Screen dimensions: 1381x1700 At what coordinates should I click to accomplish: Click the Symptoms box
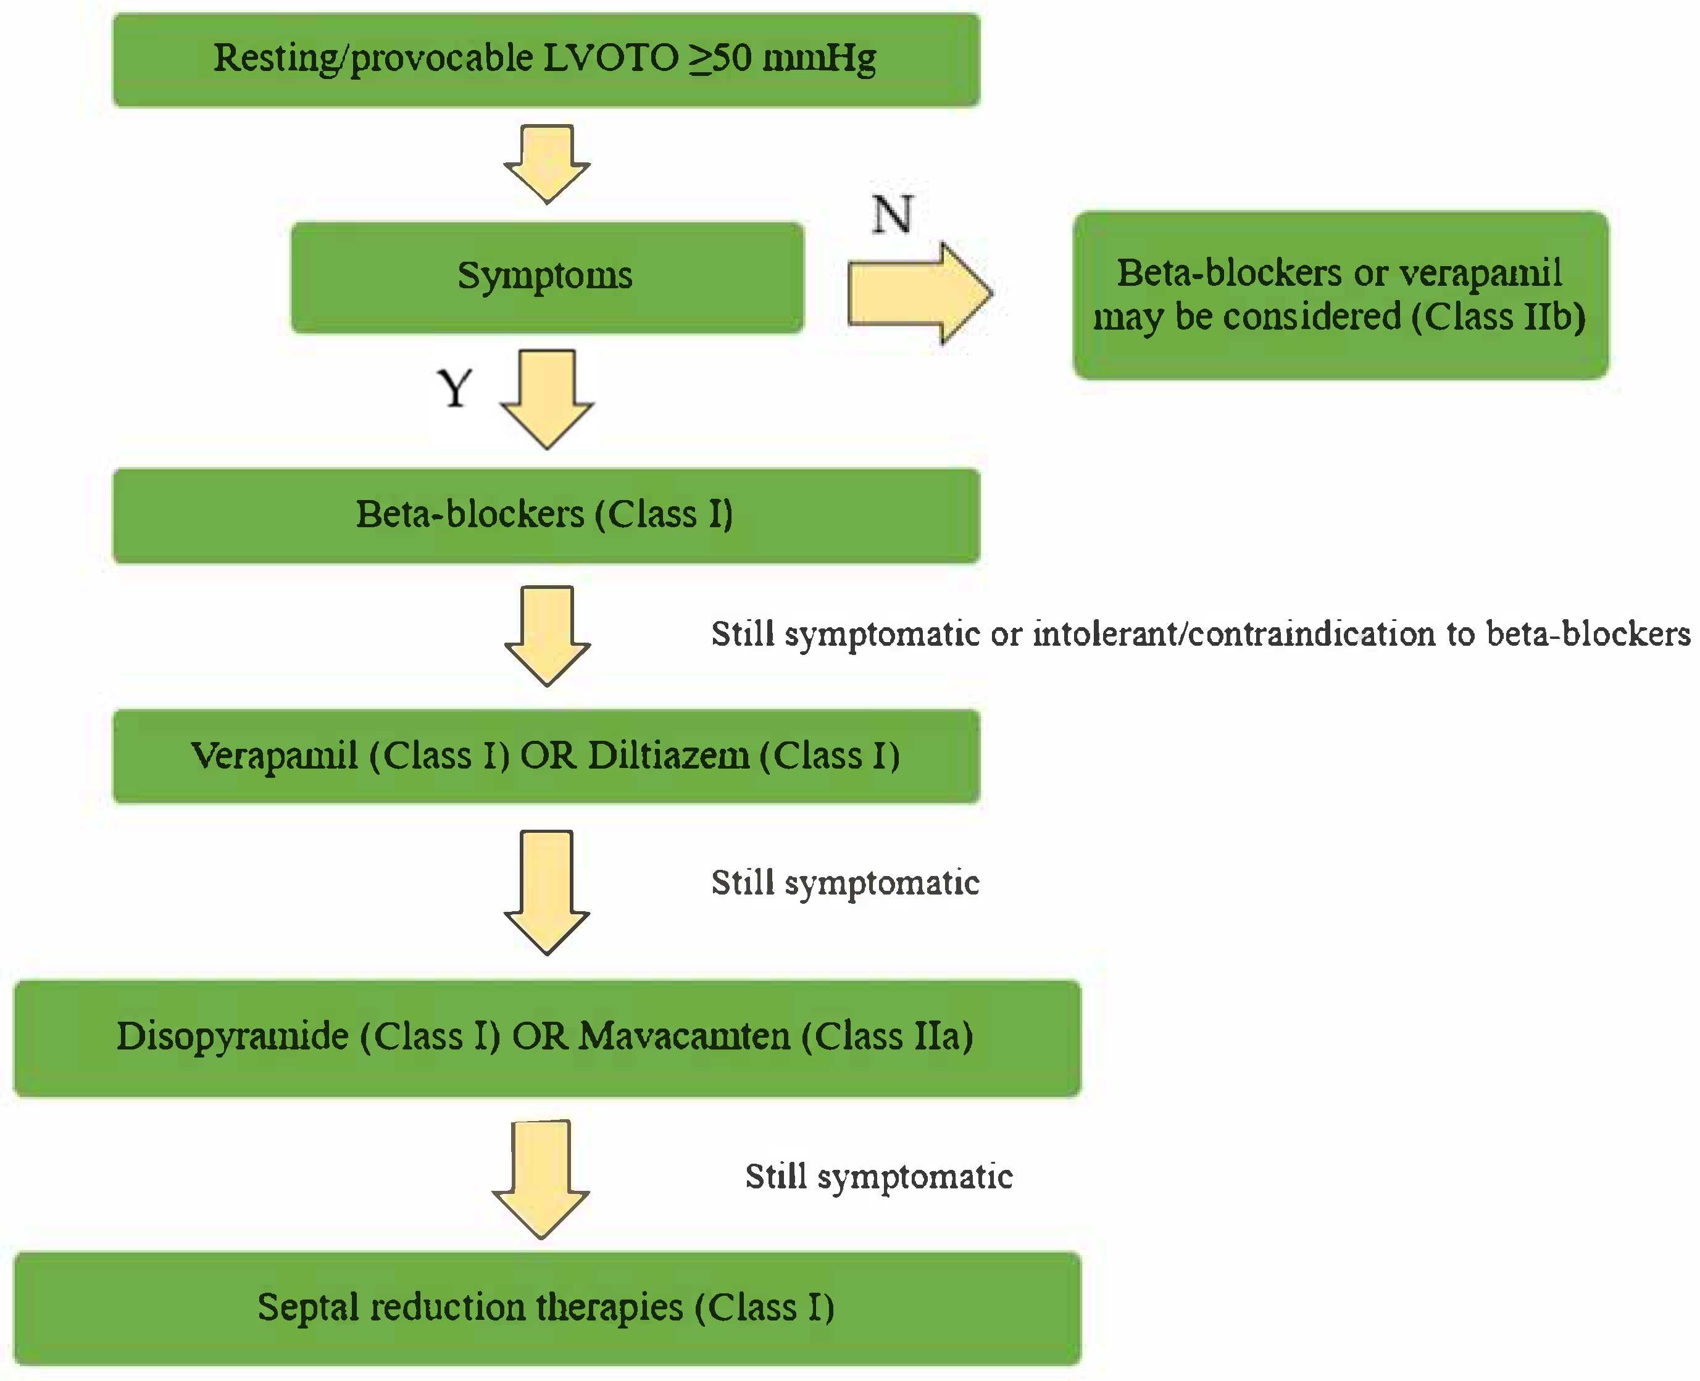click(x=546, y=277)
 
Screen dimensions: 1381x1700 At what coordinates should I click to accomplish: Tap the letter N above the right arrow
click(x=892, y=214)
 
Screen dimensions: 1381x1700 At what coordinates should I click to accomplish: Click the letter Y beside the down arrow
click(x=455, y=388)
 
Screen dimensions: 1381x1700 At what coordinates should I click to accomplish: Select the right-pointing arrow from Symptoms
click(x=919, y=293)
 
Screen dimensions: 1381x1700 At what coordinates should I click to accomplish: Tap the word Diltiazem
click(x=669, y=756)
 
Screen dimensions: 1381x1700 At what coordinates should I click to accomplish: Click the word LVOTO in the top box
click(x=610, y=58)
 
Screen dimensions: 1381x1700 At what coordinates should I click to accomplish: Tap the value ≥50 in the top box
click(x=720, y=58)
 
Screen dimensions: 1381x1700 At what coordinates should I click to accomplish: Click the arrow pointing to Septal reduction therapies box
click(x=541, y=1180)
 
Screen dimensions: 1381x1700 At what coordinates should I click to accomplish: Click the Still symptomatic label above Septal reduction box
click(x=878, y=1177)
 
